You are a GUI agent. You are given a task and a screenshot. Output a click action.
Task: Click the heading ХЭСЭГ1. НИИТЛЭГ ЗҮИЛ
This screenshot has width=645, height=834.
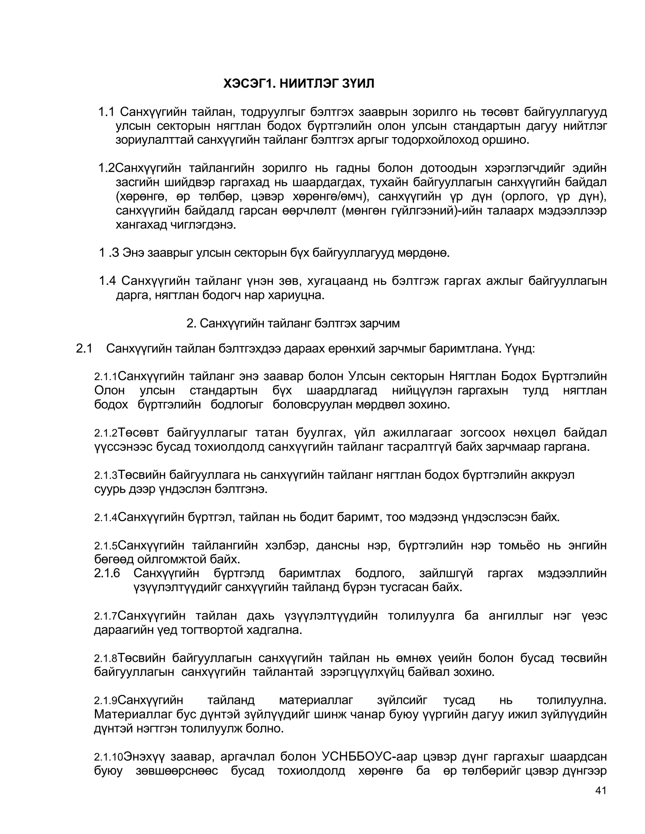(x=299, y=83)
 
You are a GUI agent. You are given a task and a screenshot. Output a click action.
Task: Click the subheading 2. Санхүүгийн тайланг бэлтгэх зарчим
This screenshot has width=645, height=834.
(x=293, y=323)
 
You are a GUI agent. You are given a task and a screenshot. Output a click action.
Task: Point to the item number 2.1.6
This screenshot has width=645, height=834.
(x=107, y=573)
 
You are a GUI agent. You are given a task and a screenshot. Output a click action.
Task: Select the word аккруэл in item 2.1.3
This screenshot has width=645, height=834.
(x=551, y=475)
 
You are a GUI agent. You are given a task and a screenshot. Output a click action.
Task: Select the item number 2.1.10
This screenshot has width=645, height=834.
(x=109, y=757)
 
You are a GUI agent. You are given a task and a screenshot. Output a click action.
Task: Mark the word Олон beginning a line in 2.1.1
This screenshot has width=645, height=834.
(x=109, y=390)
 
